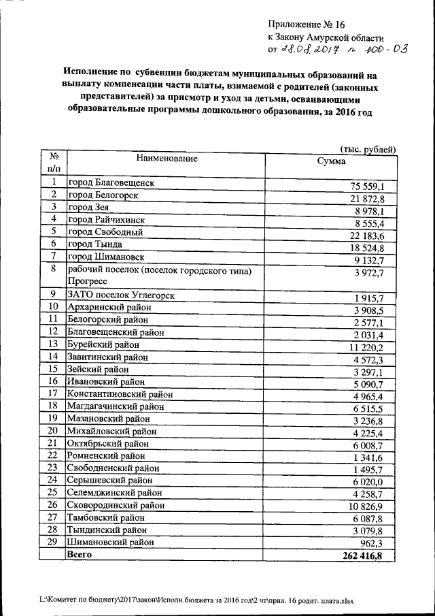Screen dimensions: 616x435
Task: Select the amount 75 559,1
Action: tap(368, 187)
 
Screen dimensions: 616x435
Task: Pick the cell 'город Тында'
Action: tap(95, 244)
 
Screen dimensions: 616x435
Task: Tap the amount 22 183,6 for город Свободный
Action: tap(368, 235)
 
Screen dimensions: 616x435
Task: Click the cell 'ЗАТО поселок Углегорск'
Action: tap(117, 294)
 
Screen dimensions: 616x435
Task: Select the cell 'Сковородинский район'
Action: tap(114, 505)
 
